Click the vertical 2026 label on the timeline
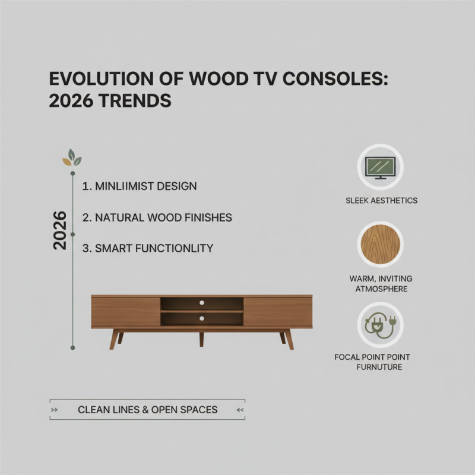(60, 230)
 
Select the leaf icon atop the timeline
(72, 159)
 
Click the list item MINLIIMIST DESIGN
(139, 186)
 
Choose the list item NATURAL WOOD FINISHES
(157, 218)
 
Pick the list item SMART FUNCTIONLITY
(147, 248)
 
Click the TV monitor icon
(380, 167)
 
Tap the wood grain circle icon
(380, 246)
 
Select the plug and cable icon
(380, 325)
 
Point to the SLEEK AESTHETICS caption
(381, 201)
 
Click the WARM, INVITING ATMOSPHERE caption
(381, 284)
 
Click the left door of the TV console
(126, 312)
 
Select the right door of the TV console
(277, 312)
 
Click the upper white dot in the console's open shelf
(202, 303)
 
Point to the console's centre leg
(202, 338)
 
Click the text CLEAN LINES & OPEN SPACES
(147, 410)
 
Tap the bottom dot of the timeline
(72, 347)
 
